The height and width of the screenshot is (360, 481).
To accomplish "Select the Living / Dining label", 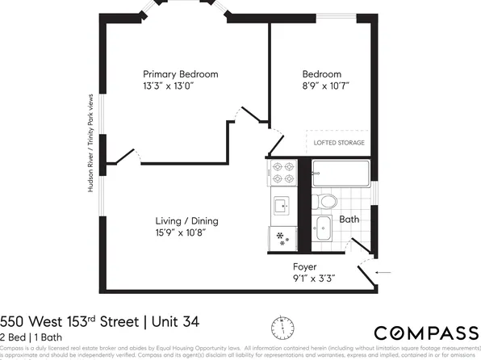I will point(186,221).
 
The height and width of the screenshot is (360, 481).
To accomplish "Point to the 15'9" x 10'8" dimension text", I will point(186,233).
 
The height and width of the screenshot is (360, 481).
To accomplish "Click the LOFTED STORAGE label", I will point(339,143).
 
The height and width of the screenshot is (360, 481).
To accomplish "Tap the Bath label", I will point(349,219).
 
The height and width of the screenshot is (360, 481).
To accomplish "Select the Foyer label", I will point(304,266).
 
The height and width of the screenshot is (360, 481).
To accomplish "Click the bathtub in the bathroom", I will point(341,174).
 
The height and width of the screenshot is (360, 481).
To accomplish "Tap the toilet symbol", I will point(326,200).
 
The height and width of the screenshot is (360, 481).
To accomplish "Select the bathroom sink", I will point(324,228).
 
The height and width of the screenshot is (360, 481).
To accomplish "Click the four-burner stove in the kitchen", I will point(282,174).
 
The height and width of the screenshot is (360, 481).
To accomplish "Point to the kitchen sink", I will point(282,207).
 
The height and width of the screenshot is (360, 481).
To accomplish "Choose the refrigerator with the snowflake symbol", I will point(282,237).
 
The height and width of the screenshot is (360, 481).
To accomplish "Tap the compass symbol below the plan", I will point(282,327).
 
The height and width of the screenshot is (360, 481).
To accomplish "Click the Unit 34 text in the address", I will point(172,322).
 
